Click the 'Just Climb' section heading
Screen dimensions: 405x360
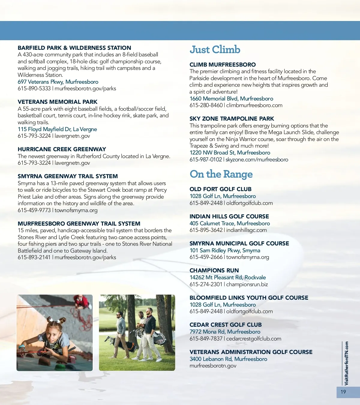(x=215, y=49)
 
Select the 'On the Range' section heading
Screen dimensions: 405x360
(x=221, y=174)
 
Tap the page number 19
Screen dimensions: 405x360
(x=343, y=392)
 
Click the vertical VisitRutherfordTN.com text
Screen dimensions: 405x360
(x=346, y=363)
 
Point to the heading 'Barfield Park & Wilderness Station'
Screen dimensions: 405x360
(x=74, y=48)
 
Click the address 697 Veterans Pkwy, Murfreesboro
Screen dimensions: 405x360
(x=58, y=82)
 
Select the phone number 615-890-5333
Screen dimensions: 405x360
(x=34, y=88)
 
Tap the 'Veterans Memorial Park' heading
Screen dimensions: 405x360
(x=58, y=102)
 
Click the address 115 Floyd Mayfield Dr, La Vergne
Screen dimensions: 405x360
(x=57, y=129)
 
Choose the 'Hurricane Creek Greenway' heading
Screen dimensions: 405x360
(x=62, y=149)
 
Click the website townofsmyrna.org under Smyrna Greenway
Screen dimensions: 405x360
(x=76, y=210)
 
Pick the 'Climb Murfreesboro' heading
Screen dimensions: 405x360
(x=223, y=65)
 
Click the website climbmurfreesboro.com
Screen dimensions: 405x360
(x=254, y=105)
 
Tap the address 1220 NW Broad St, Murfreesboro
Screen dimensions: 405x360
(x=230, y=153)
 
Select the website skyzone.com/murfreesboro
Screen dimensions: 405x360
(x=257, y=160)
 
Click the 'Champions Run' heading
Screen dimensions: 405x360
(x=214, y=271)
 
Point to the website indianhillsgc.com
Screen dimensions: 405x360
(x=246, y=230)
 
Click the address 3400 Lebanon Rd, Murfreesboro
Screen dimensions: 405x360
(x=228, y=359)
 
